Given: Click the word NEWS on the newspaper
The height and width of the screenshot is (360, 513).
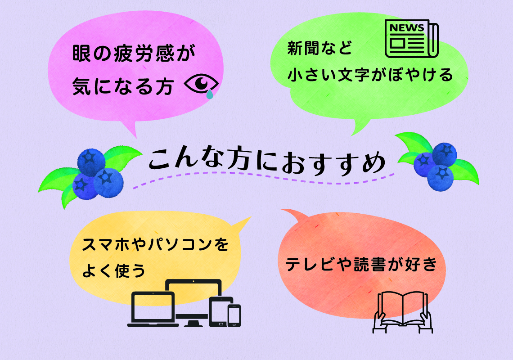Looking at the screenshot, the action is tap(407, 28).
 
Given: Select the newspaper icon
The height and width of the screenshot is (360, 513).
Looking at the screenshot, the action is tap(412, 39).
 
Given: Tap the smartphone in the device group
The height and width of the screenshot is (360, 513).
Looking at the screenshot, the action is tap(234, 315).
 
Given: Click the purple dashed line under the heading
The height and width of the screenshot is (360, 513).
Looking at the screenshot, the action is tap(263, 178).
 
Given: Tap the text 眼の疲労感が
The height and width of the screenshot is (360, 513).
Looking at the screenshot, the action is tap(134, 53).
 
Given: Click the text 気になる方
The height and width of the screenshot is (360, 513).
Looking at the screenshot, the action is tap(123, 86).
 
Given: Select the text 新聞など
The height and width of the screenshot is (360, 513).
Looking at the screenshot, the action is tap(319, 48).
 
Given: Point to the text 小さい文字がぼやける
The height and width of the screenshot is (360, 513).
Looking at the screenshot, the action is tap(370, 75).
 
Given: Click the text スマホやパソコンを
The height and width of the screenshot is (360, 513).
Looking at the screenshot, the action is tap(155, 244).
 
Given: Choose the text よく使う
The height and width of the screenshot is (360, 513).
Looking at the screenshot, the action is tap(113, 270).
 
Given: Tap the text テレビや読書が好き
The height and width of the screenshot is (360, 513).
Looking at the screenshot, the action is tap(361, 264).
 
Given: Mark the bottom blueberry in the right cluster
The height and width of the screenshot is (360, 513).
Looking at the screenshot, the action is tap(441, 178).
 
